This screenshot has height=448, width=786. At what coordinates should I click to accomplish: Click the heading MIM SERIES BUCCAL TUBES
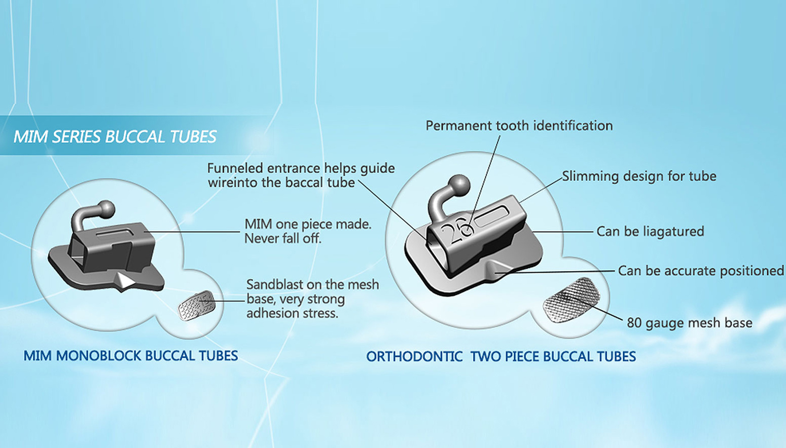115,136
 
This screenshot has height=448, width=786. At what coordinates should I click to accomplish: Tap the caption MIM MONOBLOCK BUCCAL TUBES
130,356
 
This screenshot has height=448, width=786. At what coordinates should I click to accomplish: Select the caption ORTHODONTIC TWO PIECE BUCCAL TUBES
501,356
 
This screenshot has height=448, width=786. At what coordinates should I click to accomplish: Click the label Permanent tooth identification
519,126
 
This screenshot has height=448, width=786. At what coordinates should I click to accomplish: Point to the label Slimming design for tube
639,176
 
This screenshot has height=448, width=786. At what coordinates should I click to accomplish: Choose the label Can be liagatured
650,232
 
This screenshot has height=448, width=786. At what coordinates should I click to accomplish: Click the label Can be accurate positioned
701,271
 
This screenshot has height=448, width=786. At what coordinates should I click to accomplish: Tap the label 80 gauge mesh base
690,323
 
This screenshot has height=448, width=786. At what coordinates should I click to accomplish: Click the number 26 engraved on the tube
456,230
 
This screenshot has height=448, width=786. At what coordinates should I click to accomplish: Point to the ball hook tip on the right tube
459,184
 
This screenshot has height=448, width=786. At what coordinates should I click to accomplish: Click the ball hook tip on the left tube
105,209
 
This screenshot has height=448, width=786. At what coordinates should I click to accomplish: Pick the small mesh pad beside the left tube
196,305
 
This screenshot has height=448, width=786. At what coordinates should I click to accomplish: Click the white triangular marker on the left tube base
125,280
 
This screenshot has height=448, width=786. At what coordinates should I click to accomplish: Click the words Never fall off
283,239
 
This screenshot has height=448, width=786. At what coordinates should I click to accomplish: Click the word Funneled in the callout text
235,168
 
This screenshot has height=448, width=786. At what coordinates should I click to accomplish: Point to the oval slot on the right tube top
491,217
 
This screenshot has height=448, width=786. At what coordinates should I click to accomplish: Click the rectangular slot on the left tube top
115,233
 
